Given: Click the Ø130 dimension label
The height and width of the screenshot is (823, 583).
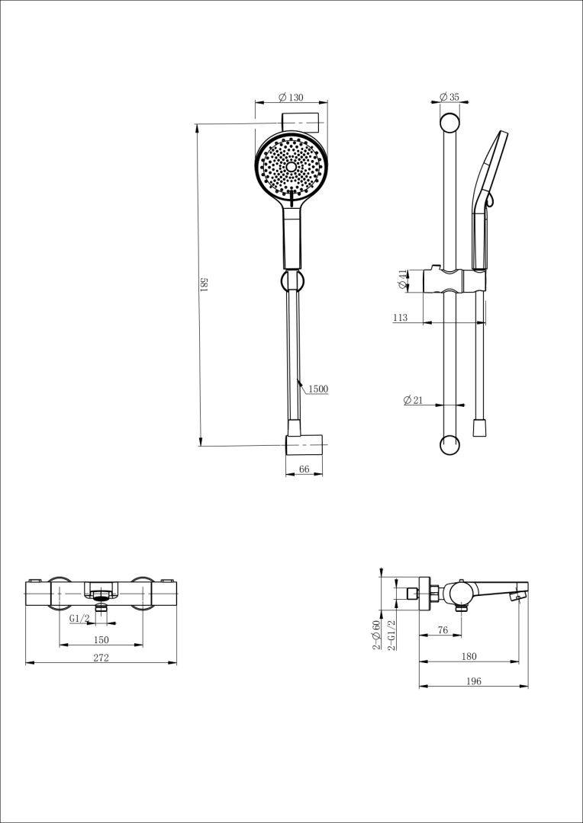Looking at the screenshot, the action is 291,97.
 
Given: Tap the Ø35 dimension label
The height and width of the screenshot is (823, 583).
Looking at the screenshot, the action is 449,97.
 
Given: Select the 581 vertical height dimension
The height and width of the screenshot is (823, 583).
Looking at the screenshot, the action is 207,284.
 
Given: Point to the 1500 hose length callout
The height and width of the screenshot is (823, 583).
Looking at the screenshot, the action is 318,389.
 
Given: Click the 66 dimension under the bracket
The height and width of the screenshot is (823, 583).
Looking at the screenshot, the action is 304,469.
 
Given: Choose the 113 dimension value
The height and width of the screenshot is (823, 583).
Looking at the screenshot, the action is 400,318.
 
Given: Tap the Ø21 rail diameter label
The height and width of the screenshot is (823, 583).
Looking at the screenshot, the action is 413,400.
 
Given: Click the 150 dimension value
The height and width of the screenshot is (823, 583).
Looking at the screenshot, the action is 101,640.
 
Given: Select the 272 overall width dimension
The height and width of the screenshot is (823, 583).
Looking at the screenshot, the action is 101,658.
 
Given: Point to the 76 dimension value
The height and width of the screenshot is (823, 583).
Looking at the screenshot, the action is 443,630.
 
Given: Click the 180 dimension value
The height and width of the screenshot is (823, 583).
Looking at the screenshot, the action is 469,656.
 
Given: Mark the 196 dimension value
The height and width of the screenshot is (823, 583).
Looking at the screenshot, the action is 474,681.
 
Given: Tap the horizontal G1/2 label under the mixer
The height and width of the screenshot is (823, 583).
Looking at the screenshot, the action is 79,618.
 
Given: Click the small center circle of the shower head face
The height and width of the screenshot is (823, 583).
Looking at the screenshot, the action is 291,166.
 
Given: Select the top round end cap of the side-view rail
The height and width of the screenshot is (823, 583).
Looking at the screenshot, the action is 449,123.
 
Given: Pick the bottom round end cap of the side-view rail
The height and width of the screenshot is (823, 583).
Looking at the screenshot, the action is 449,445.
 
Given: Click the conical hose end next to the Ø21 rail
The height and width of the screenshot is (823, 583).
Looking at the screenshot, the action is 479,428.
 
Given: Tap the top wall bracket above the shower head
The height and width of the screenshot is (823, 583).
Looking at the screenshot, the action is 300,123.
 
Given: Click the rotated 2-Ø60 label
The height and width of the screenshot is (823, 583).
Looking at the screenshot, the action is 376,635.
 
